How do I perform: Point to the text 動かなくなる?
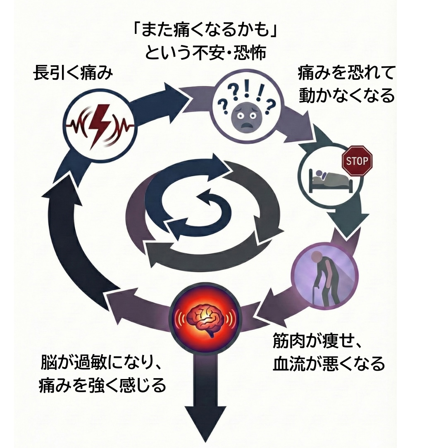point(346,96)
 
